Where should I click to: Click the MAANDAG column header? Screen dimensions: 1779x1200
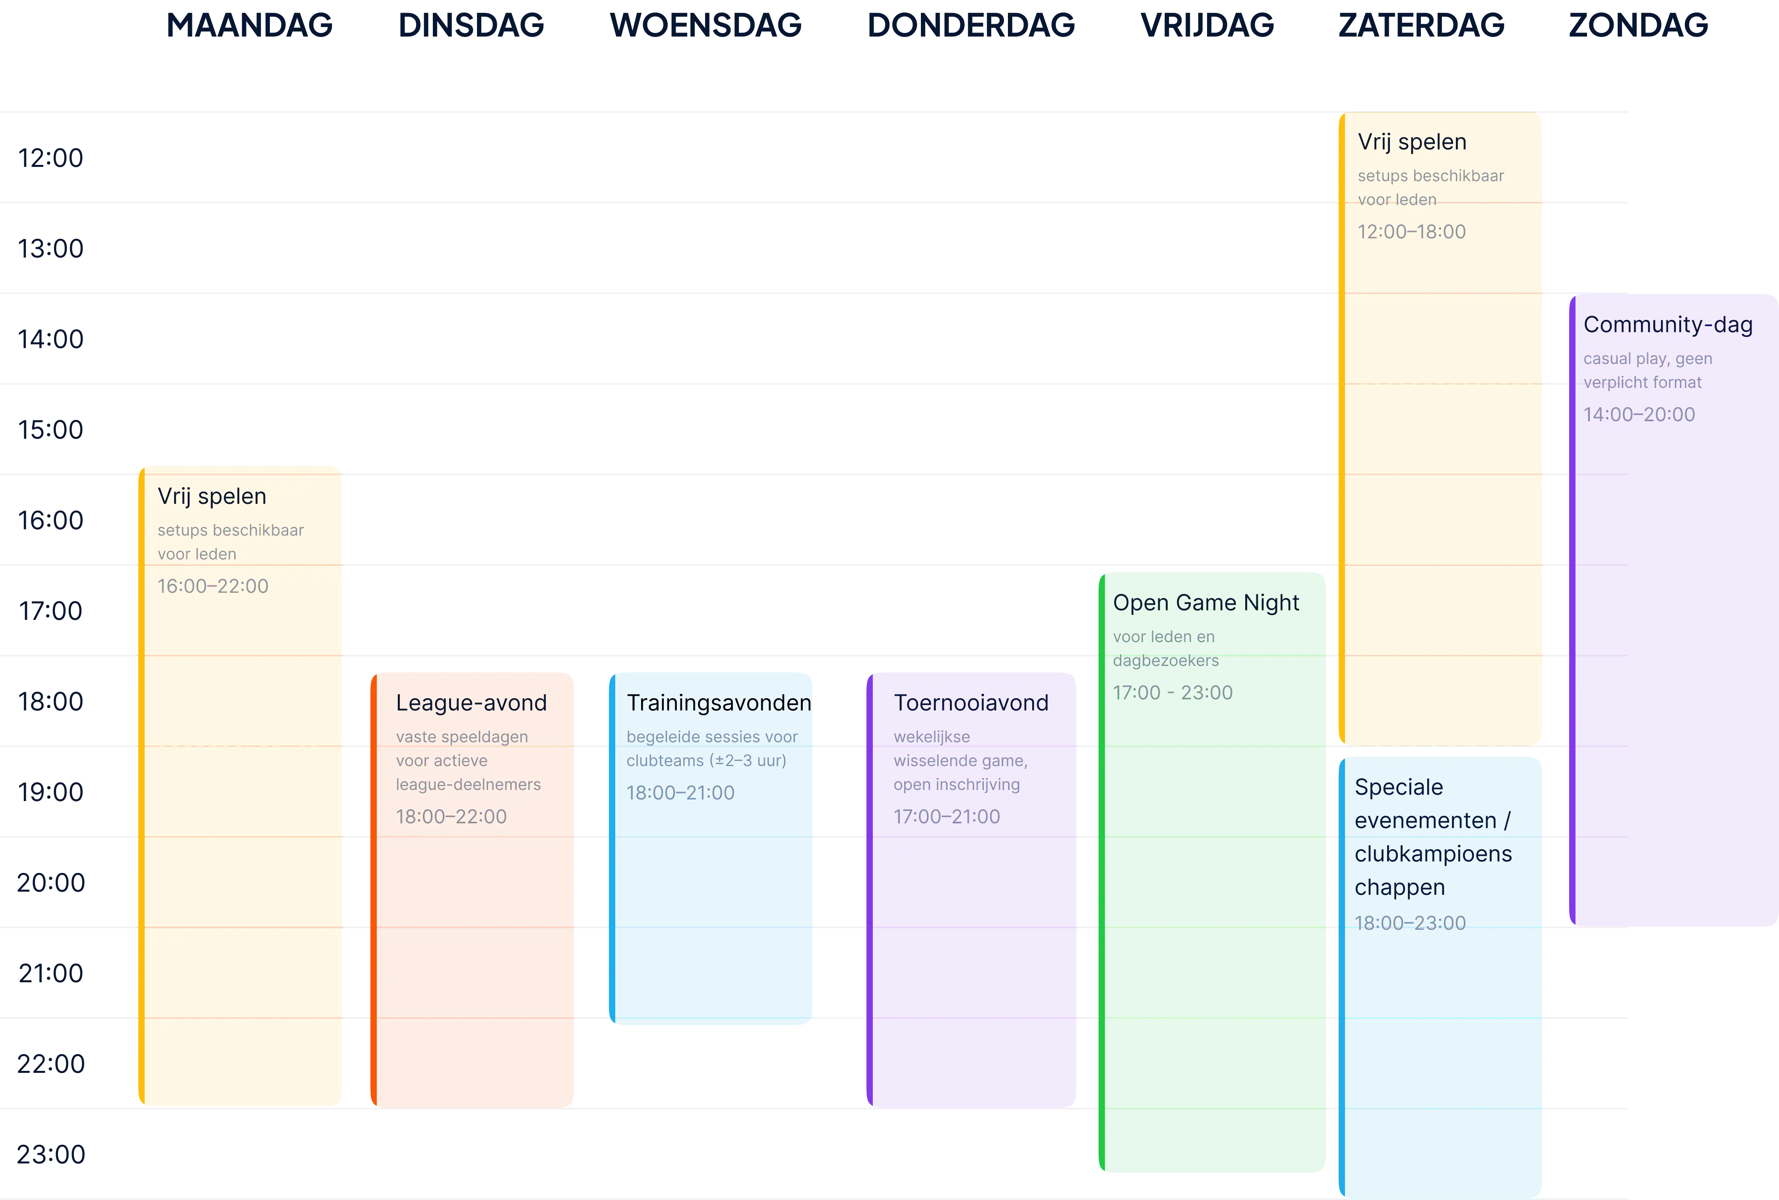250,25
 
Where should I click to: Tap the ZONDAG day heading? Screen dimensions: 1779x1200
1638,25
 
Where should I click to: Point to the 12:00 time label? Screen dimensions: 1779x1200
50,158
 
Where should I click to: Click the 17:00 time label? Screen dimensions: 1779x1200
50,611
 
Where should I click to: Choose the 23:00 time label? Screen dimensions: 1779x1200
50,1154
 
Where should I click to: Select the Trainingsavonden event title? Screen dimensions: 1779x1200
719,703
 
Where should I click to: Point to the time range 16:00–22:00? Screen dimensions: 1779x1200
213,586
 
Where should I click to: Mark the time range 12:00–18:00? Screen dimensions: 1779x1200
1412,232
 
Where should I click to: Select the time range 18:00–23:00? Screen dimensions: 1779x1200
1410,923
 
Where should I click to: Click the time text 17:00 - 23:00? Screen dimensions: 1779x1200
1173,693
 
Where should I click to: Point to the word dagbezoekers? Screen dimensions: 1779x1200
1166,660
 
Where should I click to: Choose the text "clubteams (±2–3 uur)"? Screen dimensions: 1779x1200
707,761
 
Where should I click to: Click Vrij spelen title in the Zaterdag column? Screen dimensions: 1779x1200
1412,142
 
